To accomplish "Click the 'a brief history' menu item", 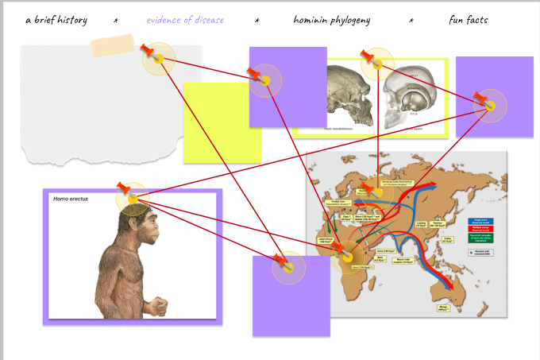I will coord(56,20).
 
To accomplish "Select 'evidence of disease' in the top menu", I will coord(185,20).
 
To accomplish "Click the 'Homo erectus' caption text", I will coord(71,199).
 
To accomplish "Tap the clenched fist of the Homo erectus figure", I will coord(160,305).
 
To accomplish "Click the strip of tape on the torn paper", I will coord(117,46).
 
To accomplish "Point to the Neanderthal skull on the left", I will coord(349,94).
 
